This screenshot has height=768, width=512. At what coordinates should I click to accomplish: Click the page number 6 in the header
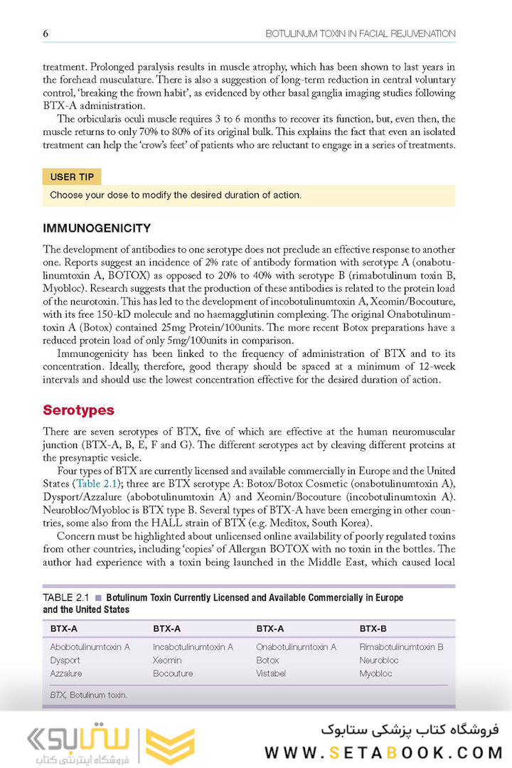[x=46, y=33]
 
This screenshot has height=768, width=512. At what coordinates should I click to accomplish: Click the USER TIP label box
[x=73, y=177]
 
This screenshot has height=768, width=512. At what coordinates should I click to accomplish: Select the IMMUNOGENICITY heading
[x=97, y=228]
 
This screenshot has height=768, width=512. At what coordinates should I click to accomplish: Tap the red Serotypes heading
[x=78, y=410]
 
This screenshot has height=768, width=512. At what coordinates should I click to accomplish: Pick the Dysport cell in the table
[x=65, y=660]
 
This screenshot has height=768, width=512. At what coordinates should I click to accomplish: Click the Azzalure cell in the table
[x=66, y=673]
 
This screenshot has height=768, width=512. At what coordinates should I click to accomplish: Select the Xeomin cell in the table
[x=167, y=660]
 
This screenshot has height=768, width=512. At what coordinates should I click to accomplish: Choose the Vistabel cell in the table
[x=271, y=673]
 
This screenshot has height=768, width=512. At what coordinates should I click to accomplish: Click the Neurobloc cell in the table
[x=379, y=660]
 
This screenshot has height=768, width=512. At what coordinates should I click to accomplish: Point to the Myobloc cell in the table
[x=375, y=673]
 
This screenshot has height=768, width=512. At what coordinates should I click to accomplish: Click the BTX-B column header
[x=373, y=629]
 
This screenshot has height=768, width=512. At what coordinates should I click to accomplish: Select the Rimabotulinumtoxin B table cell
[x=401, y=647]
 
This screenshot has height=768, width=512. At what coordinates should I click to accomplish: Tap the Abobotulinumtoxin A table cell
[x=90, y=647]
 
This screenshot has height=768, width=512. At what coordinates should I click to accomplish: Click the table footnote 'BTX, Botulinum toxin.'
[x=89, y=695]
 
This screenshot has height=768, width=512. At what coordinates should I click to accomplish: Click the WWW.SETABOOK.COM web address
[x=383, y=752]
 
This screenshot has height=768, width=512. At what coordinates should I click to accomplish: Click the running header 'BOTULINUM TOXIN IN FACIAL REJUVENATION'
[x=360, y=33]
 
